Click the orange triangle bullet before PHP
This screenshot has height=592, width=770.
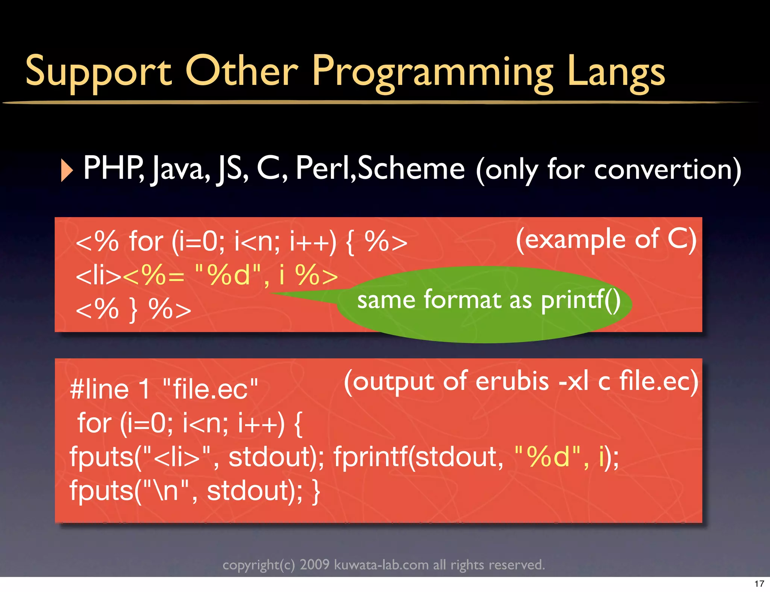(67, 170)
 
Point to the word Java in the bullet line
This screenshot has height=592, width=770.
(180, 169)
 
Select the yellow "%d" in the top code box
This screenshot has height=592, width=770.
(228, 275)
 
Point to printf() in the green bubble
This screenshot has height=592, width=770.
(581, 301)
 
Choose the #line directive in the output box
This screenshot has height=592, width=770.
(100, 389)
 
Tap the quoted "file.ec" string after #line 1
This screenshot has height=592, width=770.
(211, 389)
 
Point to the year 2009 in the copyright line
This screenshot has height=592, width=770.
(314, 565)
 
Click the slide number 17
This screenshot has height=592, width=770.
(759, 584)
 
